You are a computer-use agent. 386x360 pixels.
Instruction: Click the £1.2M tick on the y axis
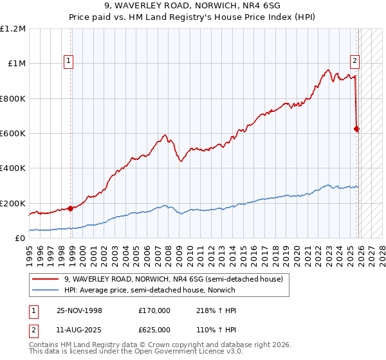(x=13, y=29)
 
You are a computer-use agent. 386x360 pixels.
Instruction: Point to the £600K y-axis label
(x=13, y=134)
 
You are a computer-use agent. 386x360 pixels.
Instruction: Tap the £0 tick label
(x=19, y=239)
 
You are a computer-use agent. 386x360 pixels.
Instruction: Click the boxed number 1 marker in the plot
(x=69, y=61)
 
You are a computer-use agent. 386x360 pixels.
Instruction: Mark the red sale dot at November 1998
(x=70, y=208)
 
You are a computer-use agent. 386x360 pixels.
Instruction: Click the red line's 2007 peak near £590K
(x=165, y=135)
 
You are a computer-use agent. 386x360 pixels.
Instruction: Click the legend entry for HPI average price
(x=150, y=290)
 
